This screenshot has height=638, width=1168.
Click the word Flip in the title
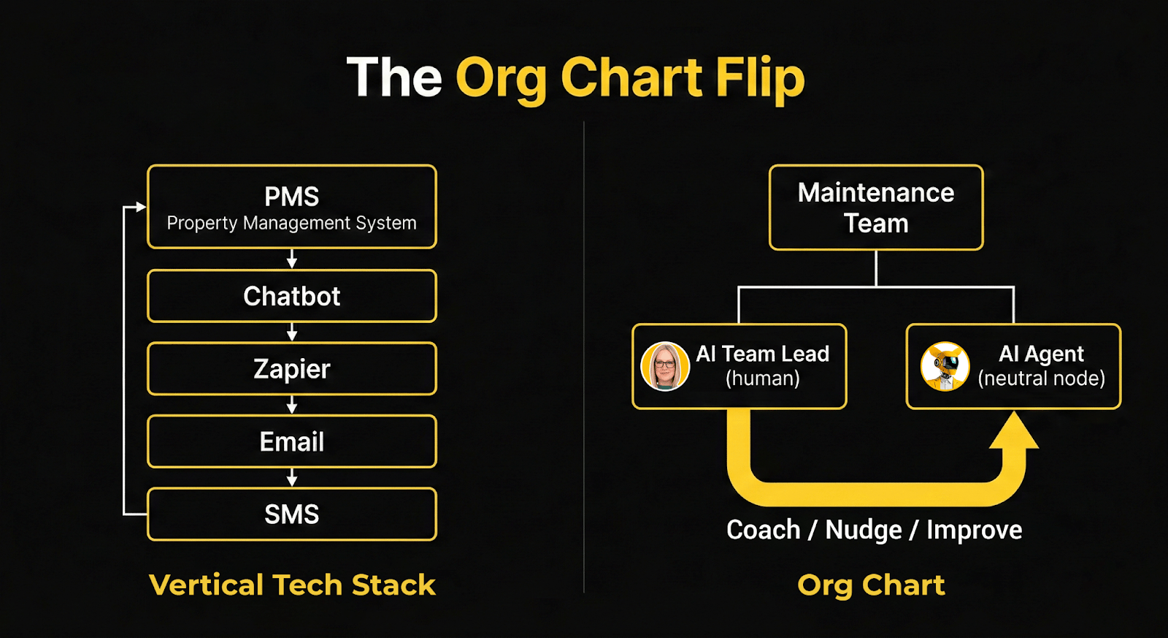pyautogui.click(x=760, y=77)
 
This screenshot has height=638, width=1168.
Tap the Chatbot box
pyautogui.click(x=291, y=296)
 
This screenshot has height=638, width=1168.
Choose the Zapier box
pyautogui.click(x=291, y=369)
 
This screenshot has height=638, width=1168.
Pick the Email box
pyautogui.click(x=291, y=441)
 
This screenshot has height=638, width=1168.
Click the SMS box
pyautogui.click(x=291, y=514)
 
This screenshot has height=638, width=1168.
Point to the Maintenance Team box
pyautogui.click(x=875, y=208)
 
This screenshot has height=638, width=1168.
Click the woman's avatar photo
pyautogui.click(x=664, y=365)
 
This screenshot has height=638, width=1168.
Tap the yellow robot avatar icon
pyautogui.click(x=945, y=366)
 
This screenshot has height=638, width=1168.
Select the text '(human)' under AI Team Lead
pyautogui.click(x=762, y=379)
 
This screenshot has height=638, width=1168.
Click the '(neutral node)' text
pyautogui.click(x=1041, y=379)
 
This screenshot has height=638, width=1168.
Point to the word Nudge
pyautogui.click(x=864, y=530)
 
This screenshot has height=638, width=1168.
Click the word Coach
pyautogui.click(x=763, y=530)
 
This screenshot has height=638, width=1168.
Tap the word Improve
pyautogui.click(x=974, y=530)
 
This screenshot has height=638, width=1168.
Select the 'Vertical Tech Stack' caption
pyautogui.click(x=292, y=585)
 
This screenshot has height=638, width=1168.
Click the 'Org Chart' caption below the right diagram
pyautogui.click(x=871, y=585)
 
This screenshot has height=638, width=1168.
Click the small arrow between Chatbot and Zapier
pyautogui.click(x=292, y=333)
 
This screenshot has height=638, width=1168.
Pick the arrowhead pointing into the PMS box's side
pyautogui.click(x=141, y=207)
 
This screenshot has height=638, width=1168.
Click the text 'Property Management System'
pyautogui.click(x=291, y=223)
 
